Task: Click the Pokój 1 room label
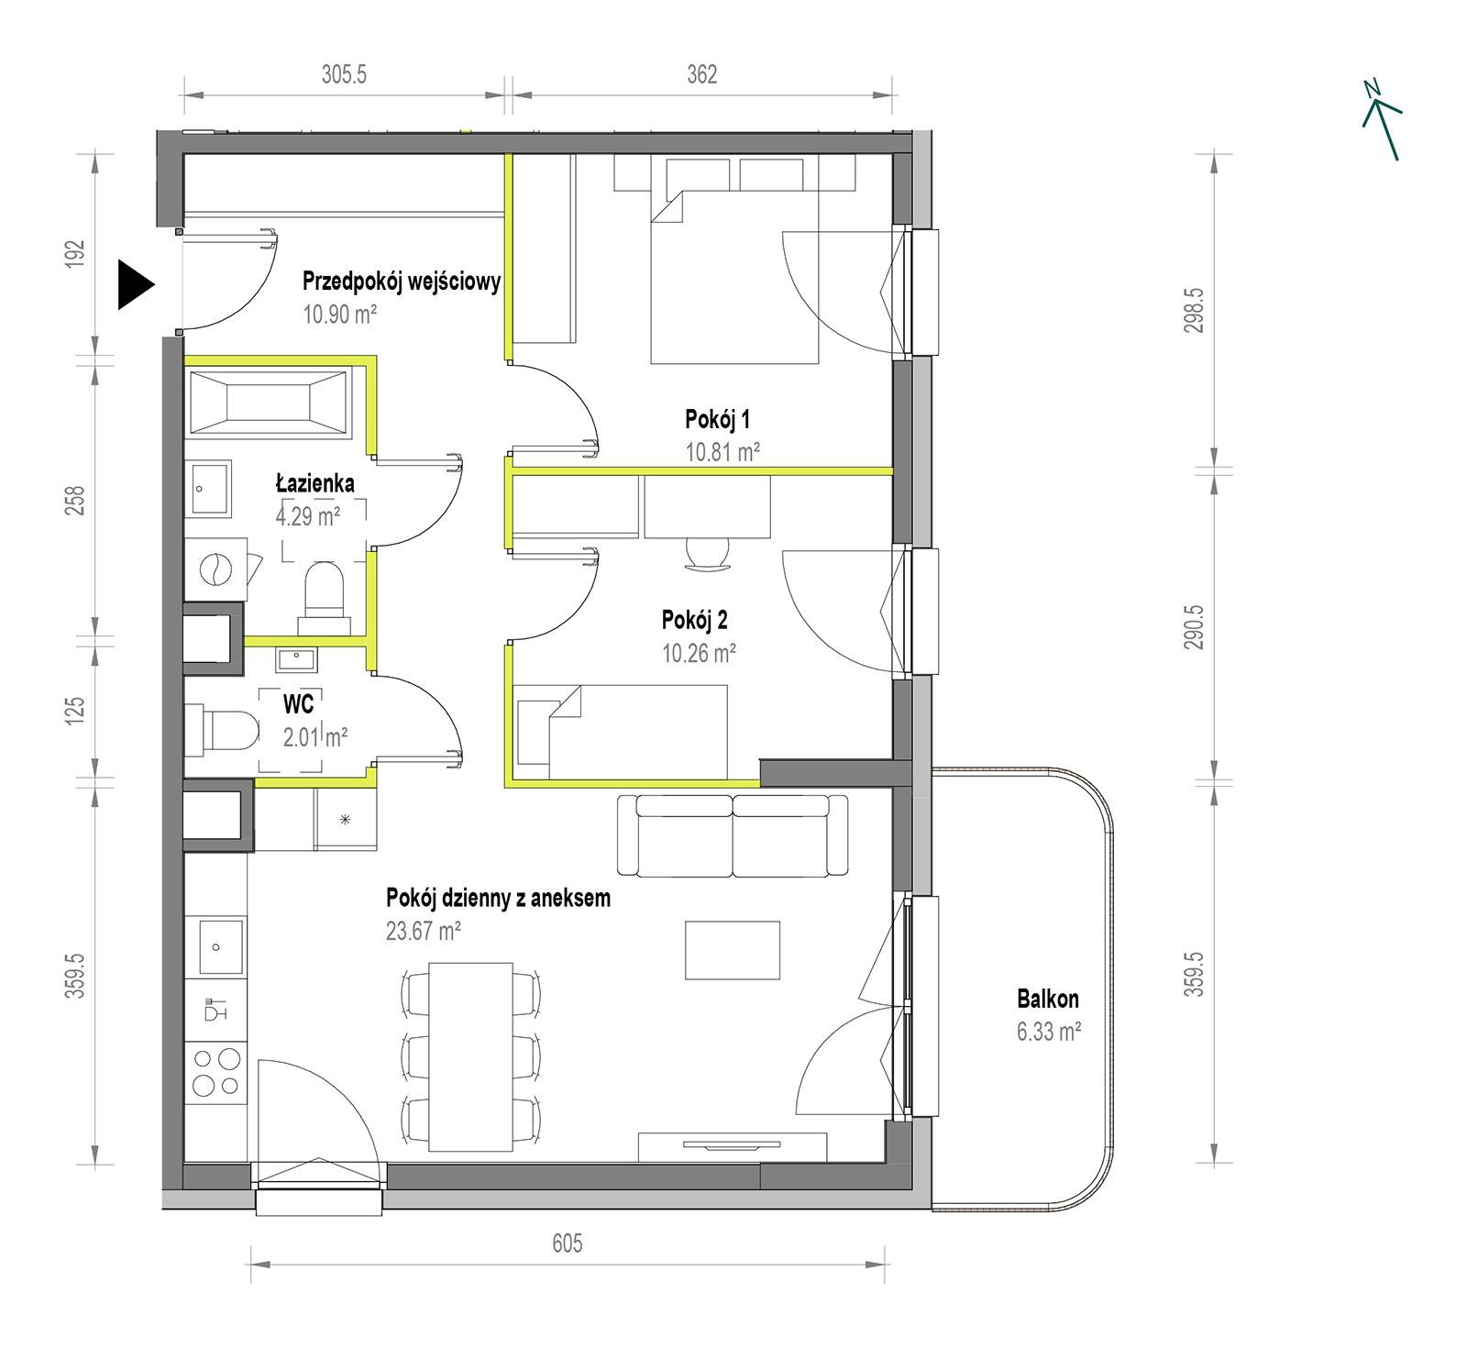pos(718,419)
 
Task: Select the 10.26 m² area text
pos(699,653)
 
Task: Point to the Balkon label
pos(1048,999)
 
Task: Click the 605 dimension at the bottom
pos(568,1243)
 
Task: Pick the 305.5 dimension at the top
pos(344,74)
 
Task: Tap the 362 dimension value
pos(701,74)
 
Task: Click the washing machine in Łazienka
pos(216,569)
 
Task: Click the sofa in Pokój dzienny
pos(733,835)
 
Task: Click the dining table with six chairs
pos(471,1056)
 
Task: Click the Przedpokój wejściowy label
pos(402,281)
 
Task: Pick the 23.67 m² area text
pos(424,932)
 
